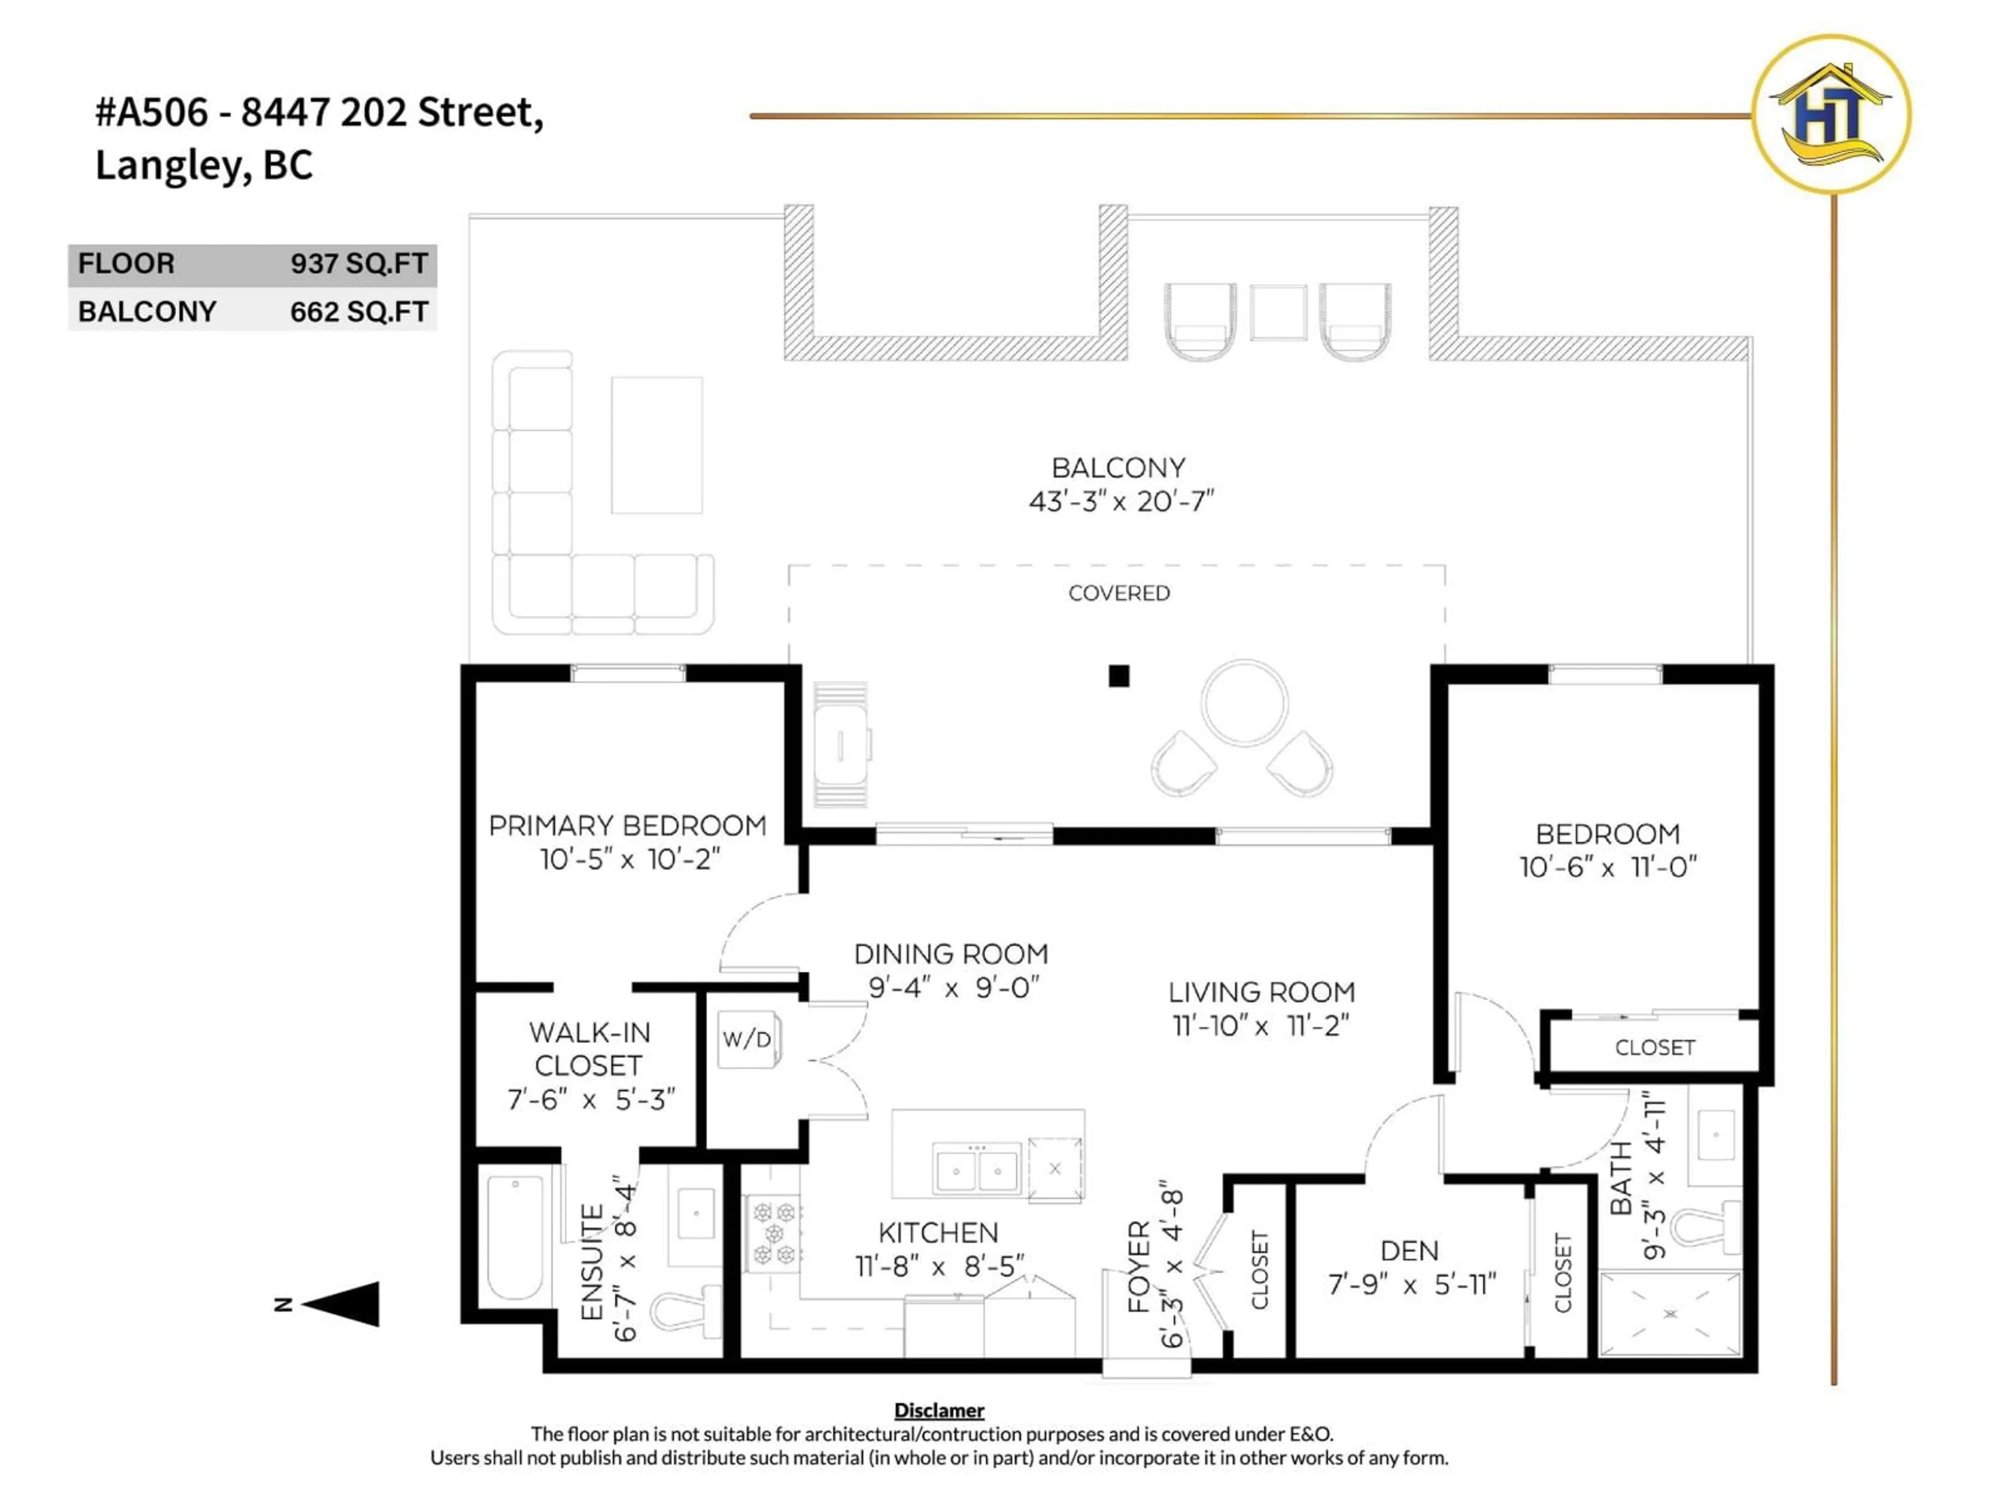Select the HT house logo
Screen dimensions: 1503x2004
1831,114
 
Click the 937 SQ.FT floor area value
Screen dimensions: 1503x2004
359,264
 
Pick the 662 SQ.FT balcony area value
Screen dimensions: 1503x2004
359,312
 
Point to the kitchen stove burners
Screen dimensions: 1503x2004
774,1233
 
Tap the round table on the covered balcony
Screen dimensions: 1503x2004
1244,702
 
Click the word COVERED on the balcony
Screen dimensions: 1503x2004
1119,593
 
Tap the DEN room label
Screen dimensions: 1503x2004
1409,1251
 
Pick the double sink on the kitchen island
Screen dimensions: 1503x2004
976,1168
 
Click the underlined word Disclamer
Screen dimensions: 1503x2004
938,1411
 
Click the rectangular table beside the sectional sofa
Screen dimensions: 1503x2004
656,445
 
